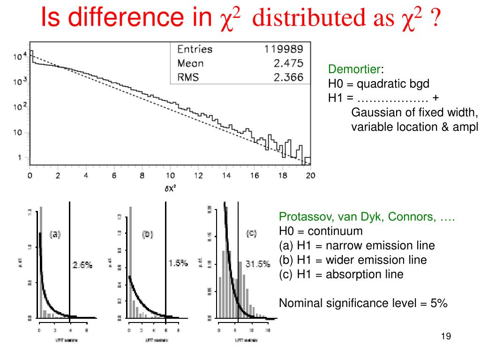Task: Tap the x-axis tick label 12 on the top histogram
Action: click(198, 176)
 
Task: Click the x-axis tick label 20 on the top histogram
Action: click(310, 176)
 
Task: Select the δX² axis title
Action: click(170, 188)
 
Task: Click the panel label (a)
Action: click(55, 234)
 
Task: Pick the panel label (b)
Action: click(148, 234)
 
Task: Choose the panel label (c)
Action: click(252, 233)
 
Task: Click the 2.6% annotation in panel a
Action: click(82, 265)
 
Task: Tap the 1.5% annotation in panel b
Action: click(178, 263)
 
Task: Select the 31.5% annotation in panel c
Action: click(258, 264)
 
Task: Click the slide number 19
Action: click(446, 337)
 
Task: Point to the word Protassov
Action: click(301, 217)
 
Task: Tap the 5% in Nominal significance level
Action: click(440, 303)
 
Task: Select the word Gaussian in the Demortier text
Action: click(373, 113)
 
